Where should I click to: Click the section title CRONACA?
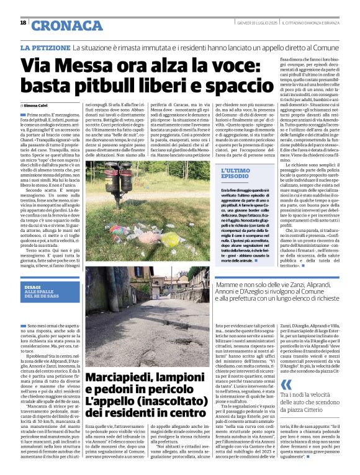[x=59, y=25]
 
